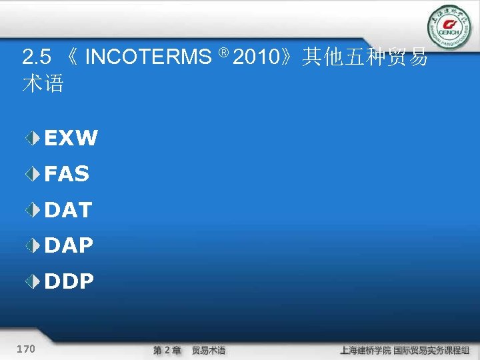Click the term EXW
[x=71, y=139]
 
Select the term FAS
[x=67, y=175]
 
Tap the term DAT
[x=68, y=211]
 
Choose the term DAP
[x=69, y=246]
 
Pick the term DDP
[x=69, y=282]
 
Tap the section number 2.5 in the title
[x=36, y=58]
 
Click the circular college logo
[x=449, y=26]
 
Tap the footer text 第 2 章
[x=167, y=350]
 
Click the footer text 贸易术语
[x=209, y=350]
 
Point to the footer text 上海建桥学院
[x=365, y=350]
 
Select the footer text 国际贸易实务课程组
[x=431, y=350]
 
